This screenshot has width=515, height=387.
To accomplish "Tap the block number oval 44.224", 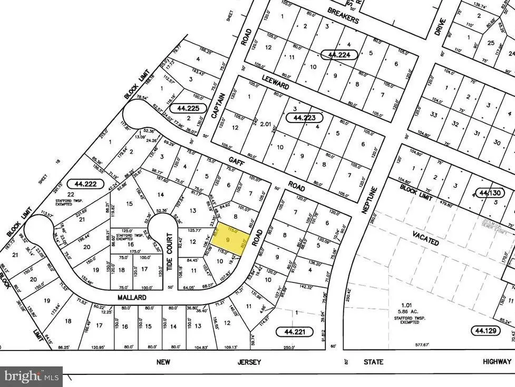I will (x=340, y=54).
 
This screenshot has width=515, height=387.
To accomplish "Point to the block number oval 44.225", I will (x=188, y=108).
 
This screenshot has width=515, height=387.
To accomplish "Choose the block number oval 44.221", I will (x=294, y=332).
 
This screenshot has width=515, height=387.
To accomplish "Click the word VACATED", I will (x=425, y=241).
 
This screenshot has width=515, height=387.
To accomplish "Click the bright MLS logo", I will (x=31, y=376).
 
